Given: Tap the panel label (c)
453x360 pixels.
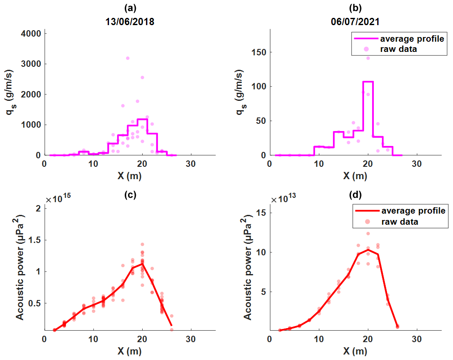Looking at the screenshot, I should (130, 195).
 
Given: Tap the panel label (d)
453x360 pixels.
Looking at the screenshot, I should (355, 195).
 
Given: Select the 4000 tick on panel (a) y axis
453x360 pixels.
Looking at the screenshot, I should (33, 34).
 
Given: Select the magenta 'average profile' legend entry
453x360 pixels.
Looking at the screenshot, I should (400, 39).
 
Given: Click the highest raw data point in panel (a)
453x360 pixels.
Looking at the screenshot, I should (127, 58).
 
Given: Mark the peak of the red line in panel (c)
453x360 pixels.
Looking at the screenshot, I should (142, 263).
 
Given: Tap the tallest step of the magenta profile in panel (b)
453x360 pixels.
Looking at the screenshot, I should (368, 81).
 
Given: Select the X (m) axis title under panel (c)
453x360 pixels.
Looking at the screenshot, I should (130, 352).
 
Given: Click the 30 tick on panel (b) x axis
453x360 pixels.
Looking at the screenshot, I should (417, 164).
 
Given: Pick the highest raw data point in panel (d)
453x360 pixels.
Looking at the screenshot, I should (368, 233).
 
